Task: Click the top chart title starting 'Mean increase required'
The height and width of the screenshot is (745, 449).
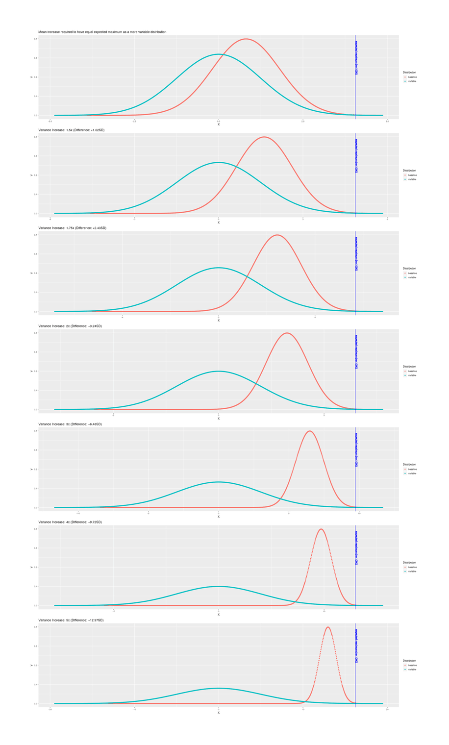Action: pos(102,32)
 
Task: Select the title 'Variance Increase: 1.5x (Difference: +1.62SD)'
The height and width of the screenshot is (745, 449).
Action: pos(72,130)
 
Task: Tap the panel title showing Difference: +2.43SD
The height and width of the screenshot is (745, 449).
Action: pos(72,228)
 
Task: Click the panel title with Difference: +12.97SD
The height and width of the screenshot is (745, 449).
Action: pos(71,620)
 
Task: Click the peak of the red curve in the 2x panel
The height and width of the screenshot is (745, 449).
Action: pos(287,333)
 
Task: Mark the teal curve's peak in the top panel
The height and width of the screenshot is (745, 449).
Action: pos(219,54)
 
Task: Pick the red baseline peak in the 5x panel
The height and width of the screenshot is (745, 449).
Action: pos(327,627)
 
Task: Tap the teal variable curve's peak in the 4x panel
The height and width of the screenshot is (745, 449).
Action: pos(219,586)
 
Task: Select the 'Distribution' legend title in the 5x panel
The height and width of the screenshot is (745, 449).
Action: pos(409,661)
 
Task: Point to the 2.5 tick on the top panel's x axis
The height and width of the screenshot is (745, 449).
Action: pos(303,121)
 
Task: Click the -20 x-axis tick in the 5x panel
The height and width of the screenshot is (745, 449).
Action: pos(50,709)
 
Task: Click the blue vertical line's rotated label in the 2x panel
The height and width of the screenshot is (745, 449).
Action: pos(356,352)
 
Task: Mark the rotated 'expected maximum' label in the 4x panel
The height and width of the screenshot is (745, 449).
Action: pos(356,548)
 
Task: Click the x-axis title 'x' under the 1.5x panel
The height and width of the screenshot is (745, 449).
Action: pos(219,223)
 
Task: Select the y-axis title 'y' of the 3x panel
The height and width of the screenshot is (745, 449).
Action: pos(31,469)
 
